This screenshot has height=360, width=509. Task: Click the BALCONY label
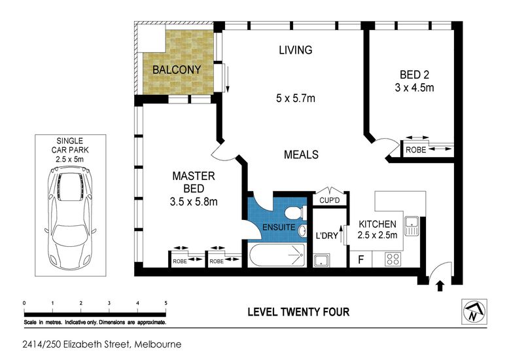177,69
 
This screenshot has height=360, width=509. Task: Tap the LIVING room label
296,50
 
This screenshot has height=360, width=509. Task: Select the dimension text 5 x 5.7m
296,98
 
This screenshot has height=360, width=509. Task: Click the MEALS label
301,154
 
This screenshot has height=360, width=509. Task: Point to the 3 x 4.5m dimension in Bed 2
415,88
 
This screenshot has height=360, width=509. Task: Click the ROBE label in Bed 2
416,150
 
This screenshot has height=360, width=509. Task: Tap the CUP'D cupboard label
330,200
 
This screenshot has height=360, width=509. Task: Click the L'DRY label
327,235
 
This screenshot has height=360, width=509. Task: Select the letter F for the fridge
360,260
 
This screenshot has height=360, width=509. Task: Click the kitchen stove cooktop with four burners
393,259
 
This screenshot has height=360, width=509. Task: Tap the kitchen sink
412,226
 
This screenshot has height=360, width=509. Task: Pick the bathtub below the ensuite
277,255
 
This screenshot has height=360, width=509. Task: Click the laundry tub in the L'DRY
321,261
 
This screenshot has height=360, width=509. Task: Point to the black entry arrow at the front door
440,286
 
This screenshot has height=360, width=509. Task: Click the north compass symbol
474,312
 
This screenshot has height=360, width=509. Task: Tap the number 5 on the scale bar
166,303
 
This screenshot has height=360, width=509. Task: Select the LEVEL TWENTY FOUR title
298,312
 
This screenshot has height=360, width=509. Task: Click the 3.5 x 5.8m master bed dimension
194,202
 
